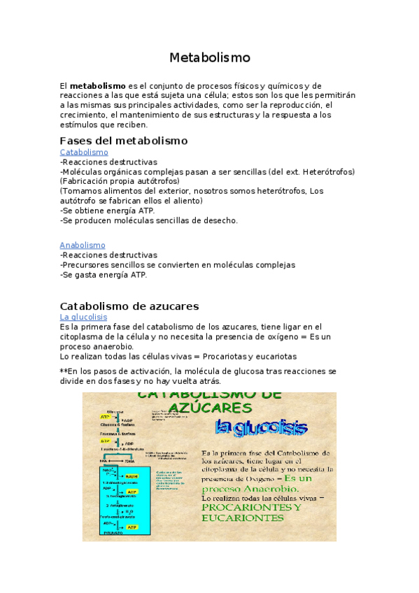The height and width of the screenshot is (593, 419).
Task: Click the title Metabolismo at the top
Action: [209, 57]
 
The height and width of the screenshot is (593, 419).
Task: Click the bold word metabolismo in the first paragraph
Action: [98, 85]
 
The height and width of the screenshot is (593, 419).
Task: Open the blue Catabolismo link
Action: [84, 152]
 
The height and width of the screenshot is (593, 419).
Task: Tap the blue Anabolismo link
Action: [83, 245]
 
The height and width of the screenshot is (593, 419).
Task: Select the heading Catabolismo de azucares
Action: [129, 306]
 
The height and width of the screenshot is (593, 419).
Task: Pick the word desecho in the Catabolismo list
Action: [222, 220]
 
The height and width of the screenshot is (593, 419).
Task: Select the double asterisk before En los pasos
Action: [64, 371]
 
